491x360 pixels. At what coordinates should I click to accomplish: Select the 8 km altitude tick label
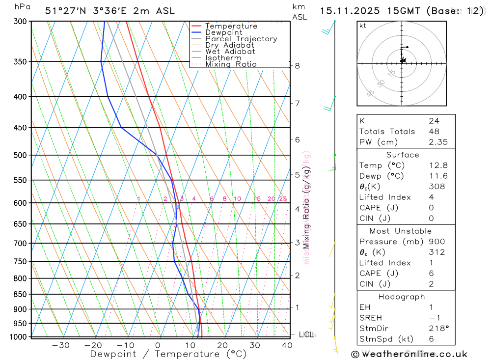[x=298, y=66]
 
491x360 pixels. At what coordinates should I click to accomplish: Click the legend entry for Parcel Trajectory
[x=241, y=39]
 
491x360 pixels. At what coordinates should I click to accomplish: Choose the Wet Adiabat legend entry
[x=230, y=52]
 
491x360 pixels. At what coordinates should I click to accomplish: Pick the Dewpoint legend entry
[x=224, y=32]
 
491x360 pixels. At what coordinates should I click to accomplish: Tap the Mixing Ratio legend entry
[x=231, y=64]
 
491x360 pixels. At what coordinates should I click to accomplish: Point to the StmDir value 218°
[x=436, y=329]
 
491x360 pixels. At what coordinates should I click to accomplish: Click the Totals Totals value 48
[x=434, y=132]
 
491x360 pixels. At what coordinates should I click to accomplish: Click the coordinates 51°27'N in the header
[x=65, y=11]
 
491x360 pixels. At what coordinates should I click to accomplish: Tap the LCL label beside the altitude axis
[x=306, y=334]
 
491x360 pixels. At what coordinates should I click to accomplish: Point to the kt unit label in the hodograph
[x=363, y=26]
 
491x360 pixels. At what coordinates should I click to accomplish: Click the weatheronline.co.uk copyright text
[x=409, y=354]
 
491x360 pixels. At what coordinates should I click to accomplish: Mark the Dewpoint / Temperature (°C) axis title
[x=168, y=354]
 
